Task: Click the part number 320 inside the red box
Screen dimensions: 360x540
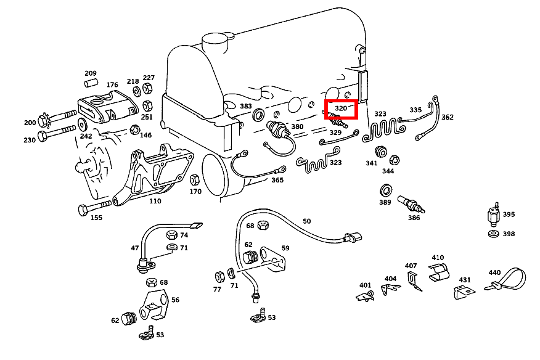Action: [x=341, y=108]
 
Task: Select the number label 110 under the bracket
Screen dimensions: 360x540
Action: [x=154, y=201]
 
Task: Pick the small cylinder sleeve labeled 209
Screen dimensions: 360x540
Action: [x=91, y=82]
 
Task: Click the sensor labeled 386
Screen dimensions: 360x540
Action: [x=410, y=203]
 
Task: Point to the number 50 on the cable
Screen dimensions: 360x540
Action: [x=306, y=221]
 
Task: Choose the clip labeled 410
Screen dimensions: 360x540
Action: [x=438, y=272]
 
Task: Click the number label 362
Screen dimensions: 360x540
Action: [x=448, y=117]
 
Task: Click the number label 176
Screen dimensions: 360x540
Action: [x=112, y=85]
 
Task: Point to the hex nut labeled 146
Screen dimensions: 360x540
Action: [x=134, y=130]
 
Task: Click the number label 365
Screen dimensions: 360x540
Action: [x=277, y=180]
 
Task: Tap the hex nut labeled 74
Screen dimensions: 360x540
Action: [x=173, y=235]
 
